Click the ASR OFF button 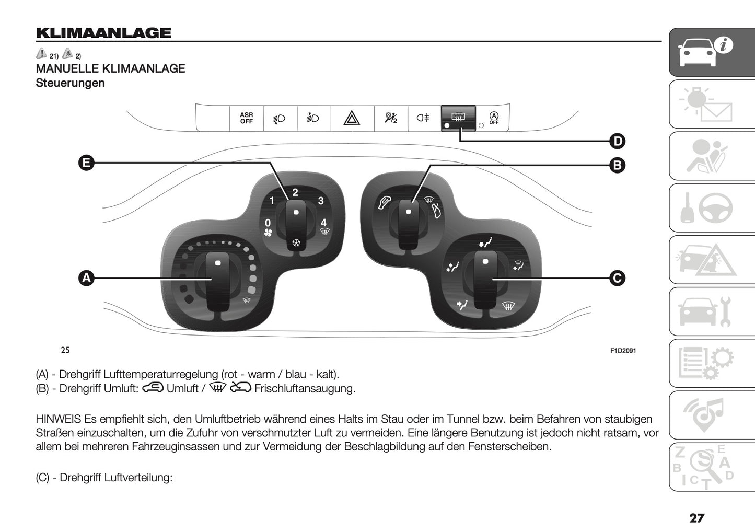pos(247,118)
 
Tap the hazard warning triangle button pos(352,118)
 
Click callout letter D pos(617,141)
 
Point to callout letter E pos(86,163)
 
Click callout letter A pos(86,278)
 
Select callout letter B pos(617,166)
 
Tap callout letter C pos(617,278)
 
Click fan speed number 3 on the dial pos(321,201)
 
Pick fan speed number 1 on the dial pos(272,201)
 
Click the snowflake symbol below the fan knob pos(296,243)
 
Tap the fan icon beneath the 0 pos(268,233)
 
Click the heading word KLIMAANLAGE pos(103,33)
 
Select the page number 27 pos(696,518)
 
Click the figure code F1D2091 pos(623,351)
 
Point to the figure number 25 pos(65,350)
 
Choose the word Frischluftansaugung pos(305,389)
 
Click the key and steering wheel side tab pos(712,208)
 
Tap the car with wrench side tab pos(712,311)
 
